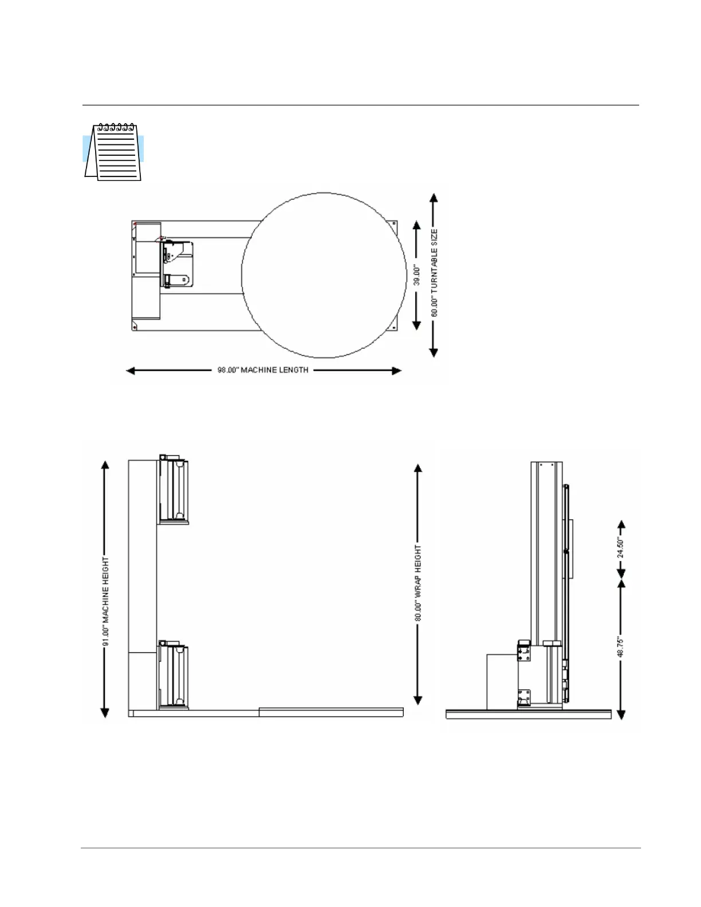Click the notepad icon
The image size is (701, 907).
coord(113,152)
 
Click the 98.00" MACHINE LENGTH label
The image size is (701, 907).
coord(263,370)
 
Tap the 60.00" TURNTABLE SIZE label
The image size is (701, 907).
coord(434,273)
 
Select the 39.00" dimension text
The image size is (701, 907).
coord(417,275)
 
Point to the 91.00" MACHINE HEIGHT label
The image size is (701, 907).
coord(106,601)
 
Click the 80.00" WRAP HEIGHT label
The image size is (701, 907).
coord(418,583)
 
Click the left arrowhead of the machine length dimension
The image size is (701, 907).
coord(130,370)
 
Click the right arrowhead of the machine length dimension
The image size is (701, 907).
coord(397,370)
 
